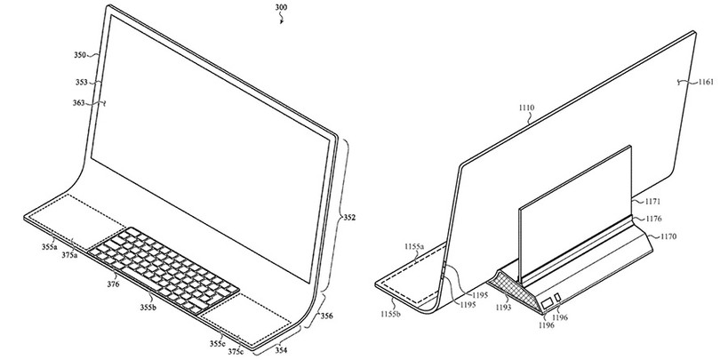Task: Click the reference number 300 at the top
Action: (x=281, y=7)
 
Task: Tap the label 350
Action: (x=79, y=55)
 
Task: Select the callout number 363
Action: (x=78, y=103)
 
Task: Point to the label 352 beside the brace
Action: (x=349, y=217)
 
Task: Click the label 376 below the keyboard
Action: (x=113, y=284)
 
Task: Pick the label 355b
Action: (x=148, y=307)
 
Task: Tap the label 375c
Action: (x=236, y=352)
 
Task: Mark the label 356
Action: (x=326, y=316)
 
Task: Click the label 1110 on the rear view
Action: (x=526, y=108)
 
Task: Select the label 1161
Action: (x=706, y=82)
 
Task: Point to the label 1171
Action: (x=653, y=202)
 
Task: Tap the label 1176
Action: (x=653, y=219)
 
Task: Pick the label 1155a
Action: (x=414, y=246)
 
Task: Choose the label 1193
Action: (x=503, y=307)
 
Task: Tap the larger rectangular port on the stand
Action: (x=548, y=302)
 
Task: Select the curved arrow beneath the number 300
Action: (x=281, y=19)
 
